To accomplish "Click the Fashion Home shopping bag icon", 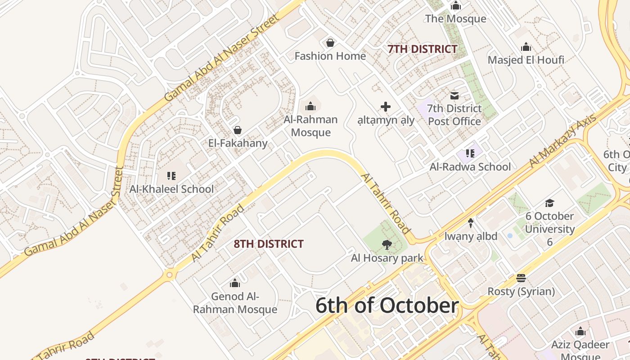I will click(330, 43).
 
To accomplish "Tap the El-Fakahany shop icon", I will click(237, 130).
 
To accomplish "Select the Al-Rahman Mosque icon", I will click(310, 106).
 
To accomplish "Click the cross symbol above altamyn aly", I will click(386, 107).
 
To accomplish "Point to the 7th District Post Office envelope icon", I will click(454, 95).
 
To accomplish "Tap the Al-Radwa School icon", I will click(470, 153).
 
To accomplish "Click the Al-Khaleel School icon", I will click(171, 175).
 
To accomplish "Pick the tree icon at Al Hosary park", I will click(387, 245).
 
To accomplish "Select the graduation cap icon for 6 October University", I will click(549, 203).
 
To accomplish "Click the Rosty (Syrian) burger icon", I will click(521, 278).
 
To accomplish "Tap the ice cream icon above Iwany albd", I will click(471, 223).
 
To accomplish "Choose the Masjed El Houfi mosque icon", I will click(526, 47).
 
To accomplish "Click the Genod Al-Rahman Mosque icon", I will click(235, 283).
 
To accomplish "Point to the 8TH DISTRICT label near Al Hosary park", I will click(269, 244).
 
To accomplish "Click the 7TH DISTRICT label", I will click(423, 49).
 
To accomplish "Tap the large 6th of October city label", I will click(387, 306).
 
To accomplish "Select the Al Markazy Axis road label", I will click(563, 140).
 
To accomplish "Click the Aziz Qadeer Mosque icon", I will click(580, 332).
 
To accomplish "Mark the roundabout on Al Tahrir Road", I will click(170, 274).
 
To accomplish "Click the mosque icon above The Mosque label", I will click(456, 5).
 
